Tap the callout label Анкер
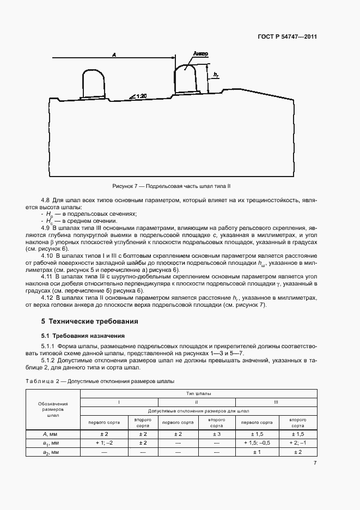(200, 54)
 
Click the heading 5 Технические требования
(90, 321)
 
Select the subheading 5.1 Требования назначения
(83, 336)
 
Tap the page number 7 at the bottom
(315, 463)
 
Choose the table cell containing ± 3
(217, 434)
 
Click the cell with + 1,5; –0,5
(257, 443)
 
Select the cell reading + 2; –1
(297, 443)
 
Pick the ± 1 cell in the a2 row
(257, 452)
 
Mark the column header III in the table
(277, 402)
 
